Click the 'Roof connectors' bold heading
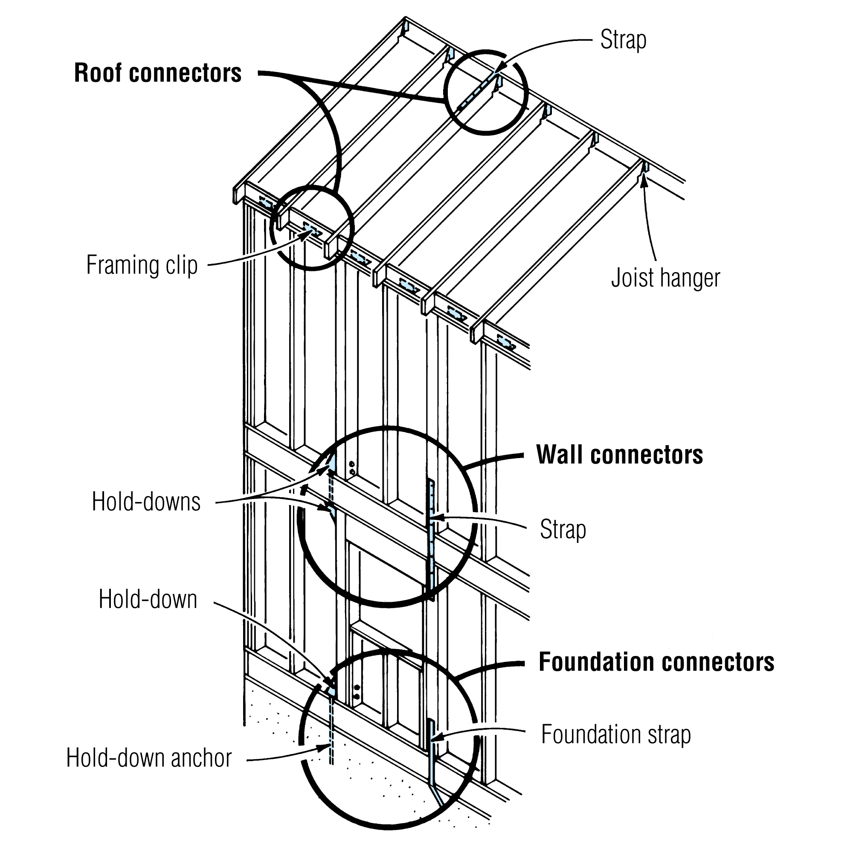158,73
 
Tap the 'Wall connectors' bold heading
619,455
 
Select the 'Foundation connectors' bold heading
656,662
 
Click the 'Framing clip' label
142,265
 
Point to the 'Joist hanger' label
665,278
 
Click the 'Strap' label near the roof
623,40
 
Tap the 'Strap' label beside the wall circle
563,529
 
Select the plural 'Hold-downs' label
146,502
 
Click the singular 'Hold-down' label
148,599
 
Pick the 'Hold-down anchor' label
149,758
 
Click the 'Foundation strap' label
616,734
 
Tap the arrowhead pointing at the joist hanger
644,181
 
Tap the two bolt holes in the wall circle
352,468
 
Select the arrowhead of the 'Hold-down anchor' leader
325,747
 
